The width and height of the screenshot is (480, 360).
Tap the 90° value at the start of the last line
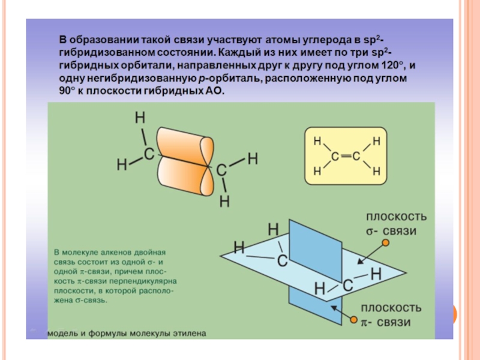(x=68, y=91)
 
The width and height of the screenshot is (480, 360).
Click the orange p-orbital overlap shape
(x=185, y=155)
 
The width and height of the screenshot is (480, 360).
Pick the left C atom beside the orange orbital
(x=148, y=154)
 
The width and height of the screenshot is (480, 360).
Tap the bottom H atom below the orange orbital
(x=224, y=201)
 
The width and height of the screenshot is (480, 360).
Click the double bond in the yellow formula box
(x=344, y=157)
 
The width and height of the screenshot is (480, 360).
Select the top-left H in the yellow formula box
(x=318, y=142)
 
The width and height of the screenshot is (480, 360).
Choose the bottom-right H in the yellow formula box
(x=377, y=172)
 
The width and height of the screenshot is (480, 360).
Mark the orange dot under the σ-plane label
(x=386, y=243)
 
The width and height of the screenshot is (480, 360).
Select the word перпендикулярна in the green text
(x=148, y=281)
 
